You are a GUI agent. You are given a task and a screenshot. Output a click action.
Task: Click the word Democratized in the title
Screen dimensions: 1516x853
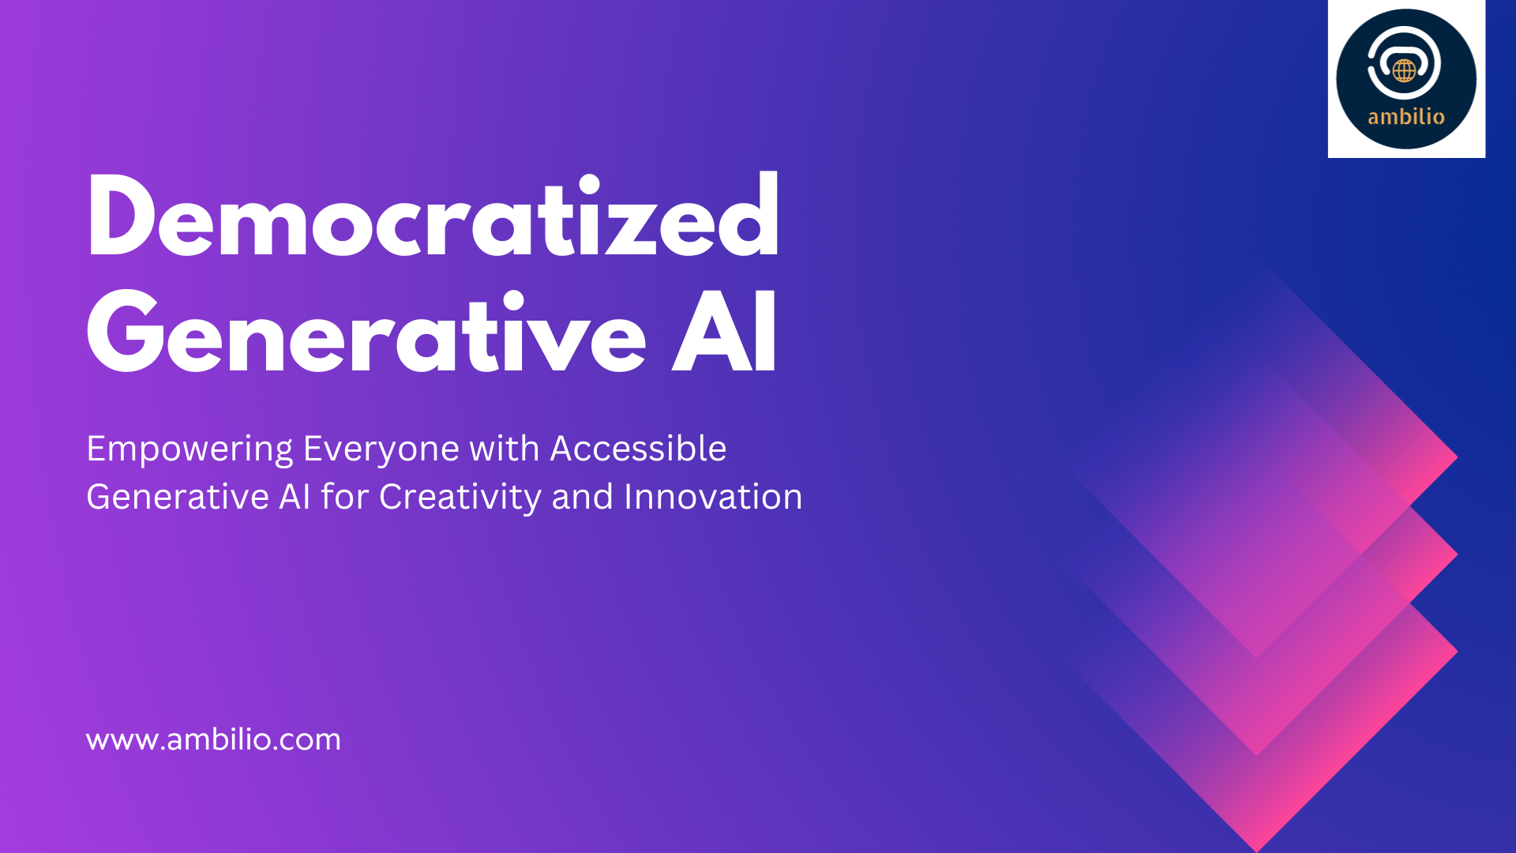pos(433,215)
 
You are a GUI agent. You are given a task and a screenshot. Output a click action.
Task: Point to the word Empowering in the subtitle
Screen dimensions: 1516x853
pos(189,449)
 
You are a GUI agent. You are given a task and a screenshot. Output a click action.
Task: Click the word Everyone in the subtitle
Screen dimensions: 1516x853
pos(381,449)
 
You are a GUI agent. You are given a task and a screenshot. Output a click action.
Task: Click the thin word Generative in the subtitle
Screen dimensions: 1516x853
pos(178,497)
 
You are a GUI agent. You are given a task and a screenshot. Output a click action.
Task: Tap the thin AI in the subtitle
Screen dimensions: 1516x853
pos(295,497)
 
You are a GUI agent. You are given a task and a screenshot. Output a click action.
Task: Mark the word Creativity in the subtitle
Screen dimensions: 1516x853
pos(460,498)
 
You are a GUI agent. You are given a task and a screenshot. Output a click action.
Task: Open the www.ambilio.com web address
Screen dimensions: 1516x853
pos(213,739)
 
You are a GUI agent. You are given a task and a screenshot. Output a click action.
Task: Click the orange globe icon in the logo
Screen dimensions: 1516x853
pos(1404,70)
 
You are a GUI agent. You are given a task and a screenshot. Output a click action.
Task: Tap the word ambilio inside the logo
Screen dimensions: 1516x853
pos(1406,117)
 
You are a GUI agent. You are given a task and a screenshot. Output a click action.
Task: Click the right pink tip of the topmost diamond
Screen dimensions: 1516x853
pos(1457,457)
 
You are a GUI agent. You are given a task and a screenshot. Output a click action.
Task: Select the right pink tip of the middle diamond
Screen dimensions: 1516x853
pos(1457,555)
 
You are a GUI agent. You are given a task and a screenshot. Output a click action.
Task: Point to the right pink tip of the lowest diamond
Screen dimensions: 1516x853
pos(1457,652)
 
